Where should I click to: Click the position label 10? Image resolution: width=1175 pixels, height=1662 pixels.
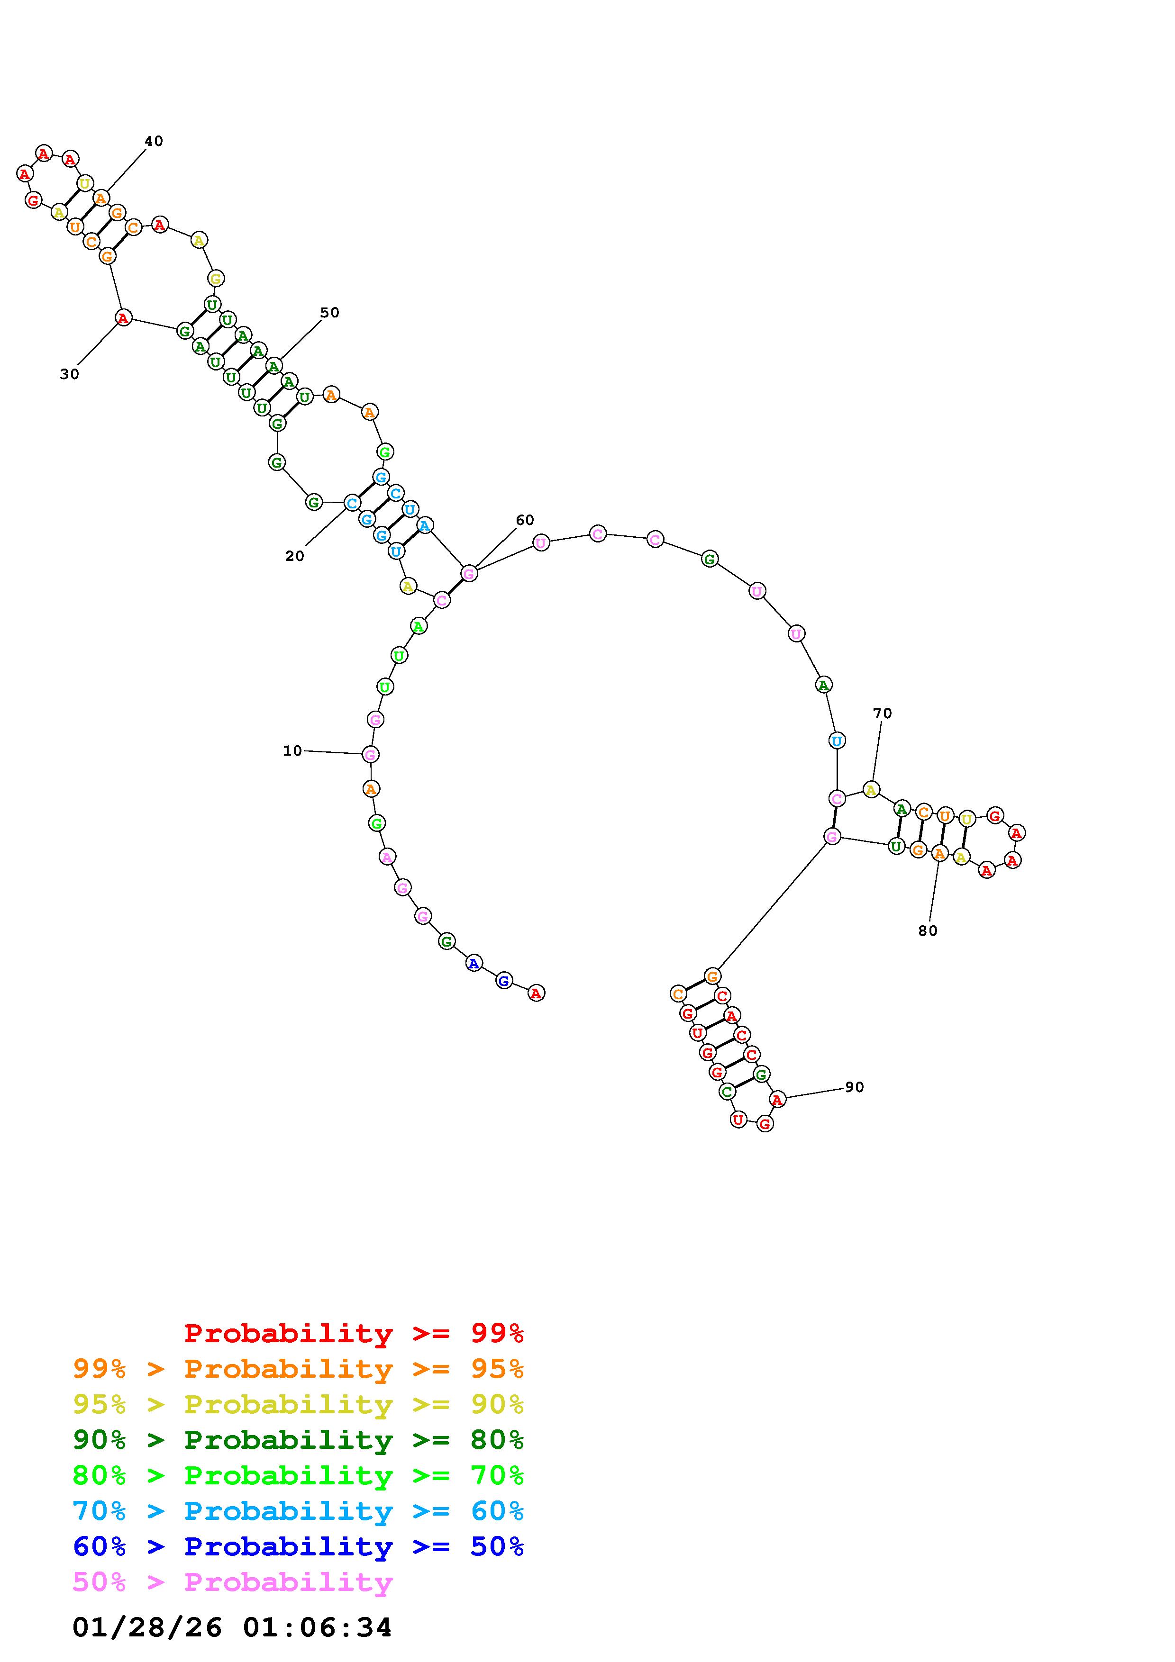292,750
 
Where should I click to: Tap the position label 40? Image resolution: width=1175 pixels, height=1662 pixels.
154,141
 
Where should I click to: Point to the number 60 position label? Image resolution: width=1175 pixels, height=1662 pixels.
525,520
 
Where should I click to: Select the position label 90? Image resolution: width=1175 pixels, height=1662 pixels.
854,1087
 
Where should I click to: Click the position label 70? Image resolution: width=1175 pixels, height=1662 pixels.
883,713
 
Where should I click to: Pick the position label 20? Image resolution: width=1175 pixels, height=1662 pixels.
295,556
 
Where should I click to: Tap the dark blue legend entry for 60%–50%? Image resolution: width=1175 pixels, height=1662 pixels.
298,1546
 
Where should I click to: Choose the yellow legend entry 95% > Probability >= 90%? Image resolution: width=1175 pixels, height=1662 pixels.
298,1404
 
